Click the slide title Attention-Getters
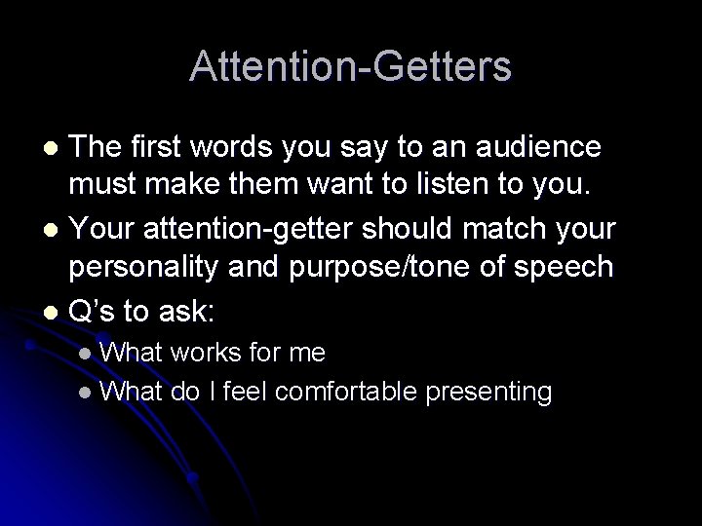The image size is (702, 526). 350,66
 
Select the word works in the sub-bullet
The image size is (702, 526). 203,352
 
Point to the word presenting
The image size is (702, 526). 496,392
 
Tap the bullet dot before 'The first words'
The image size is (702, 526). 55,149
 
